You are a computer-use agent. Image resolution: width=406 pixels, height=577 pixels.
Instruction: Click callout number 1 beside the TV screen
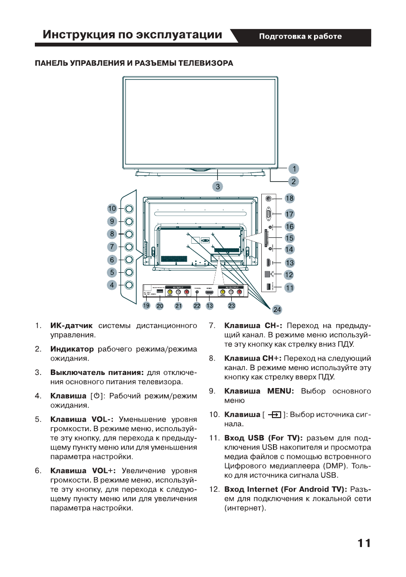coord(294,169)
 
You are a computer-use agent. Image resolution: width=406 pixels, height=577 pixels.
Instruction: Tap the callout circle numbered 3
coord(218,186)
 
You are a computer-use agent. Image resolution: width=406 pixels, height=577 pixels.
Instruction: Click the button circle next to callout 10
coord(129,209)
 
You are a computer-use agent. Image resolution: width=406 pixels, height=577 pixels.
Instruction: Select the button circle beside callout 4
coord(129,285)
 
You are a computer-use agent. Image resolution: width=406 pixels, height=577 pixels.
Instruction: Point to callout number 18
coord(289,198)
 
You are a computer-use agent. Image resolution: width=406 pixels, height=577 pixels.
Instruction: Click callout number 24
coord(276,309)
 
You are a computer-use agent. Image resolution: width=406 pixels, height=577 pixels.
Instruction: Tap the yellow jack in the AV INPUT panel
coord(169,292)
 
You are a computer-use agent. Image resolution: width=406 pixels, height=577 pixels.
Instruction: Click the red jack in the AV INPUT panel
coord(186,292)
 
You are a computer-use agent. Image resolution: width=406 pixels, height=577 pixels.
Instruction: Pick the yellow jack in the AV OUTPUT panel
coord(223,292)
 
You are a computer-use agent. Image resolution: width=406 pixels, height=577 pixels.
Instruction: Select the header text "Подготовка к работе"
coord(300,36)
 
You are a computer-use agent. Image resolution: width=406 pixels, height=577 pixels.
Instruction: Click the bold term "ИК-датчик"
coord(71,325)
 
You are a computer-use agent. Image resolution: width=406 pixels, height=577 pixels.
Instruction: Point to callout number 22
coord(197,306)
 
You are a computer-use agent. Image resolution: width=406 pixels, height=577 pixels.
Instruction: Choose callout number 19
coord(146,306)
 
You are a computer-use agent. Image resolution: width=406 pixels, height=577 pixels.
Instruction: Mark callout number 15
coord(289,238)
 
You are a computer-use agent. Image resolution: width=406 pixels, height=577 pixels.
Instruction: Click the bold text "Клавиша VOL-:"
coord(82,419)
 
